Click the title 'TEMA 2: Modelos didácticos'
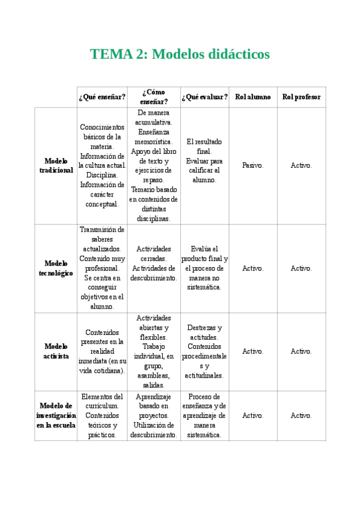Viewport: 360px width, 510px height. coord(180,54)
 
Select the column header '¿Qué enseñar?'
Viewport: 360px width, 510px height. coord(102,97)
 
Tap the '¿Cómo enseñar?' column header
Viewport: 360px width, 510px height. coord(154,97)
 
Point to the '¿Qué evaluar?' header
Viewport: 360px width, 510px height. coord(205,97)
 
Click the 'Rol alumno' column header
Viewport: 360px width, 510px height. coord(252,97)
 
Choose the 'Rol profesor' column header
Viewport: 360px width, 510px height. coord(301,97)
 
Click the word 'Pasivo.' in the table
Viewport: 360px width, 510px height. coord(252,165)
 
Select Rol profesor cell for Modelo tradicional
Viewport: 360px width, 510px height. coord(301,165)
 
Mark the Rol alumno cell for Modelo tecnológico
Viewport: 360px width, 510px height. coord(252,268)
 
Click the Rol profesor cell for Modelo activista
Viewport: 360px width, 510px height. coord(301,351)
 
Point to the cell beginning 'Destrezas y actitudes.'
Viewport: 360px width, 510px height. coord(205,351)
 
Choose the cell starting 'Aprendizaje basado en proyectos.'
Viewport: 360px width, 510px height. coord(154,416)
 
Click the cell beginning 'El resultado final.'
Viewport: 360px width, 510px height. coord(205,161)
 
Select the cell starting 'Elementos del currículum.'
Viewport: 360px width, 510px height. coord(102,416)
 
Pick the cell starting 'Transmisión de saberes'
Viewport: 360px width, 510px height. coord(102,268)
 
